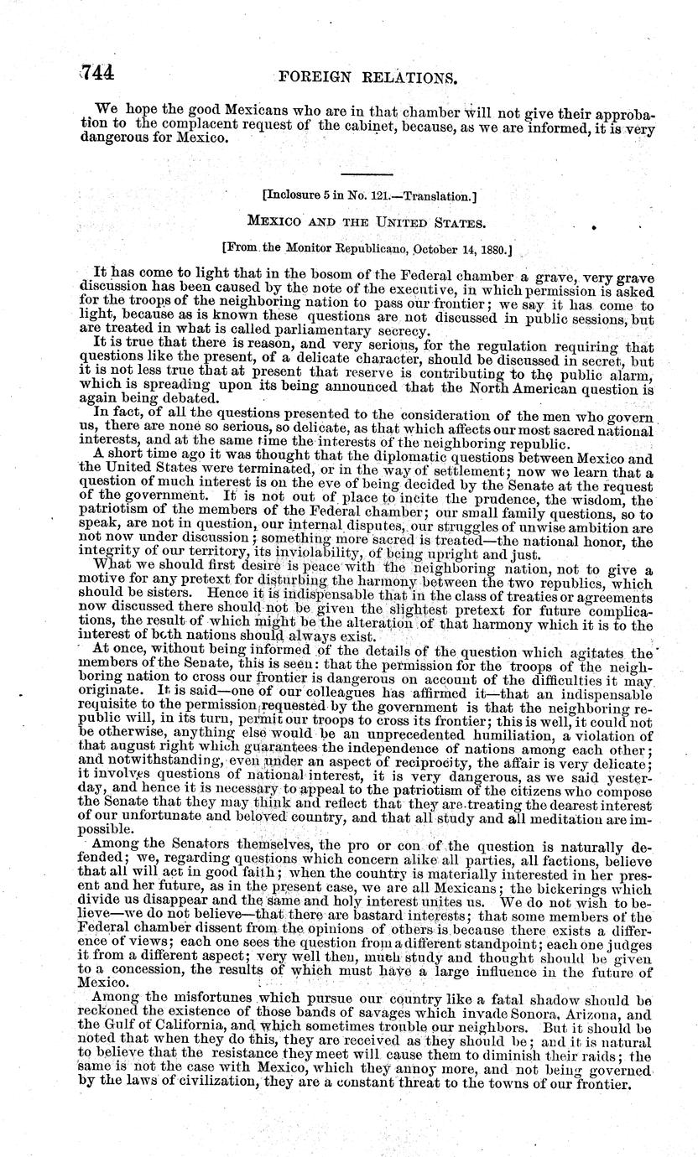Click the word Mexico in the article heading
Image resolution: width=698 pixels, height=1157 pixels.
pos(273,226)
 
